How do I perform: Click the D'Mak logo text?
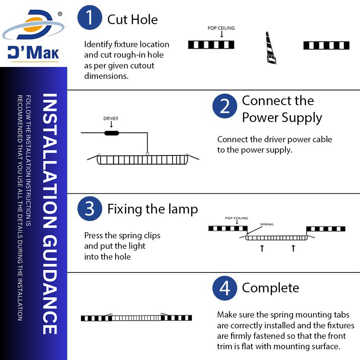coord(33,53)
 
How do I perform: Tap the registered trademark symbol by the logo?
coord(60,14)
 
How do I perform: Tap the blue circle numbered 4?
coord(225,288)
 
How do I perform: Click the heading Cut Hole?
coord(132,19)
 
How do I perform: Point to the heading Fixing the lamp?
coord(152,209)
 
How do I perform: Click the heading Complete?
coord(270,288)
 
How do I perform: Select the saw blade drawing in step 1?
coord(271,48)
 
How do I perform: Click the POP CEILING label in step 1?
coord(221,28)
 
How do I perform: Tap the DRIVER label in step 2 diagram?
coord(111,118)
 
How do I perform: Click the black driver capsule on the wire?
coord(111,133)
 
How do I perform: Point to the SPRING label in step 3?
coord(267,224)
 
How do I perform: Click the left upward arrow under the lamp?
coord(262,248)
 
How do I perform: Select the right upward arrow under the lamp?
coord(293,248)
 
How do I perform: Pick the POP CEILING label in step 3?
coord(237,218)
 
